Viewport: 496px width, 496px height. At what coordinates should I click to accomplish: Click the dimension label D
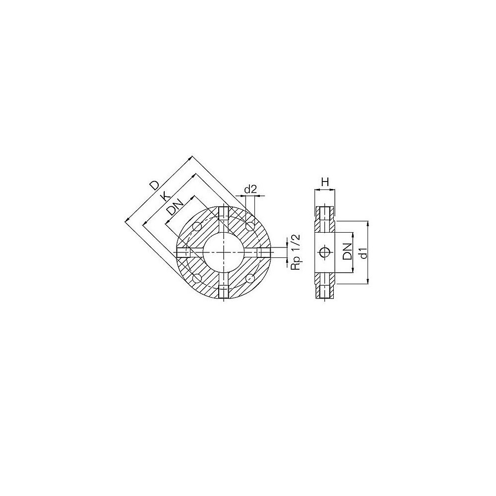pos(155,186)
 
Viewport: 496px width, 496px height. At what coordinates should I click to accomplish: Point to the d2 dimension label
pos(250,189)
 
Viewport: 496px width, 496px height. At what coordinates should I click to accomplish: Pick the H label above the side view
pos(325,183)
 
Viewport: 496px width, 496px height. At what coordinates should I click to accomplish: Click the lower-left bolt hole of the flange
pos(197,278)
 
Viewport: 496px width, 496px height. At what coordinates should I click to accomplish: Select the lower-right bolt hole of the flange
pos(249,278)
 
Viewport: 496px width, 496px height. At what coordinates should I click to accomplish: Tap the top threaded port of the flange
pos(224,213)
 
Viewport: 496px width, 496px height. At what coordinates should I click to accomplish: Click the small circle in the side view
pos(324,252)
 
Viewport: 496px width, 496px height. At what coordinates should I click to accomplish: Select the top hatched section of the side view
pos(325,218)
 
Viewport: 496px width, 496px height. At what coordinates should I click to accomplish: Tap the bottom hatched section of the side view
pos(325,286)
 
